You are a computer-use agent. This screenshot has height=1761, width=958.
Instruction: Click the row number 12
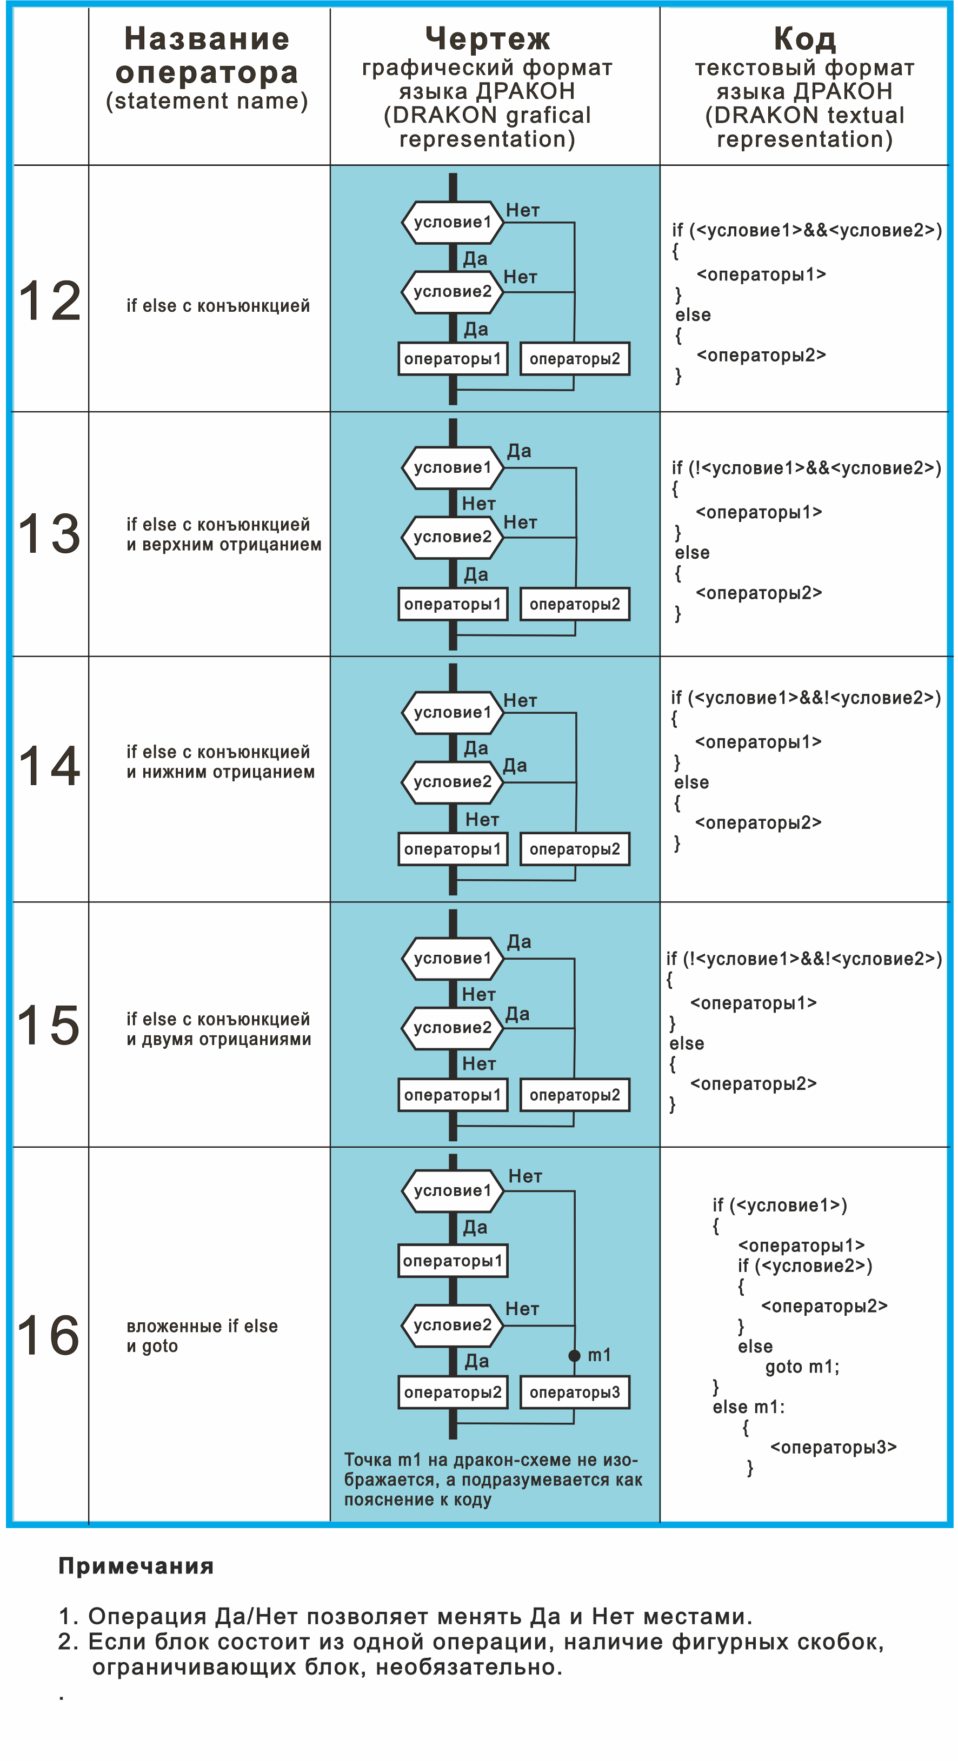point(49,302)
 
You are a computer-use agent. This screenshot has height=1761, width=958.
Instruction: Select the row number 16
point(48,1335)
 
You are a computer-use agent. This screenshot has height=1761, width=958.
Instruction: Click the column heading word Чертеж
point(488,39)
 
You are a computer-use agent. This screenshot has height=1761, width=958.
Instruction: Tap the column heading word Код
point(805,39)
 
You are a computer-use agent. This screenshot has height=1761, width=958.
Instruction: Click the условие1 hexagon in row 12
point(453,222)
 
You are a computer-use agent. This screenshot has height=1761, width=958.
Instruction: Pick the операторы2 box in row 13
point(574,604)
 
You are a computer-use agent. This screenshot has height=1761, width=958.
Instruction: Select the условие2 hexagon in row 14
point(453,782)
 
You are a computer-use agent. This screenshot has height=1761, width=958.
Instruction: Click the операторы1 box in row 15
point(453,1095)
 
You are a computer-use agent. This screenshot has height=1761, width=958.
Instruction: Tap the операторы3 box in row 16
point(574,1392)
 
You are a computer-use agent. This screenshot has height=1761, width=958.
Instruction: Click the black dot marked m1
point(574,1356)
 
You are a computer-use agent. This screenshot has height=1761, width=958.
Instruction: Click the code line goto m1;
point(802,1367)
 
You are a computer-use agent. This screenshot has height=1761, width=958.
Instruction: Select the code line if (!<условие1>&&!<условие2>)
point(804,959)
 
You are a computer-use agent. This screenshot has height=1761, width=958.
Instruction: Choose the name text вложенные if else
point(202,1326)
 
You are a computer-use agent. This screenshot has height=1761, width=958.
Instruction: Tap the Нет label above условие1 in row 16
point(525,1176)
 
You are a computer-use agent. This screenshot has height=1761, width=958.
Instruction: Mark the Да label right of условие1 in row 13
point(519,451)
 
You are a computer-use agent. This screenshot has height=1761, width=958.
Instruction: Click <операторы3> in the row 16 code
point(834,1447)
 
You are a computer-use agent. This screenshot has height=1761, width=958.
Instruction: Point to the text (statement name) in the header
point(207,101)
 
